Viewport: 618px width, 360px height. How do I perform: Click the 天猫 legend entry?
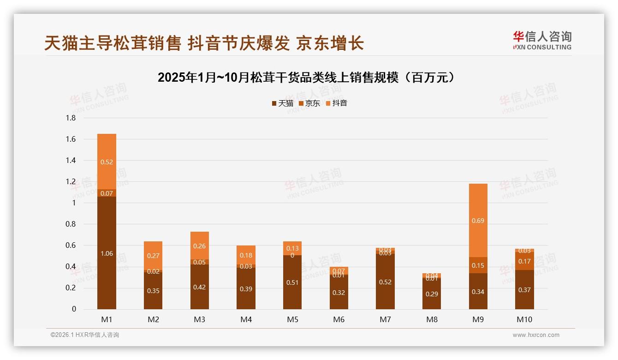(x=283, y=103)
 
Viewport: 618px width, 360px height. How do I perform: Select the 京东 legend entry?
(x=309, y=103)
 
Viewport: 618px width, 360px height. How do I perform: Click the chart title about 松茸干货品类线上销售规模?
(x=306, y=78)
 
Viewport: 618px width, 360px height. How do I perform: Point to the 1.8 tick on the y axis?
(x=71, y=118)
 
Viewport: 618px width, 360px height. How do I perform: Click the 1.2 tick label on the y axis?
(x=71, y=182)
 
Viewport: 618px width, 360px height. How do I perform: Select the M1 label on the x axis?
(x=107, y=319)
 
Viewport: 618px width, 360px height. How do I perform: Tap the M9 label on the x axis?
(x=478, y=319)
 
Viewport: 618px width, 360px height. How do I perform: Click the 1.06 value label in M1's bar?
(x=107, y=253)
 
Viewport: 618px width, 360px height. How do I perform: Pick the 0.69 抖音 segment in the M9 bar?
(x=478, y=221)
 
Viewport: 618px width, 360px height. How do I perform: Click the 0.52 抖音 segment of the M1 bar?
(x=107, y=162)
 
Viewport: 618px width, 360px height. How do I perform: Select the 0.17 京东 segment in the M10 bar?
(x=524, y=261)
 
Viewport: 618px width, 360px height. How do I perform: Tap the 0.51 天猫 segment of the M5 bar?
(x=292, y=282)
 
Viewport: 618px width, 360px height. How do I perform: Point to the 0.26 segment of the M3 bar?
(x=199, y=246)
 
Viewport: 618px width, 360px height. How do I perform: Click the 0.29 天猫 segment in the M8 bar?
(x=432, y=294)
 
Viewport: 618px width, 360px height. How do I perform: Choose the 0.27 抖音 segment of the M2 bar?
(x=153, y=256)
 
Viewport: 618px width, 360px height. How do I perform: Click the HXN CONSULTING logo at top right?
(x=542, y=41)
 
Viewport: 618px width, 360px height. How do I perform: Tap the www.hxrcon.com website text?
(x=536, y=335)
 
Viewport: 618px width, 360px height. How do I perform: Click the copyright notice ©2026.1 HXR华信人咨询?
(x=85, y=335)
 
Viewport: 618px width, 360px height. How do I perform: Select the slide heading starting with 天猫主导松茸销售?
(x=204, y=43)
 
